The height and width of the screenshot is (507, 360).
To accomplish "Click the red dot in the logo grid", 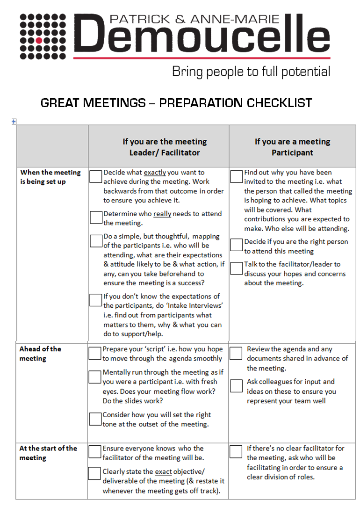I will click(39, 40).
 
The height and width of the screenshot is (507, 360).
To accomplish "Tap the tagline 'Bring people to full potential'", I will click(251, 72).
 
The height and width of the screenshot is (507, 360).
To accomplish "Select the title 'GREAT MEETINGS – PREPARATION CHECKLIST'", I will click(176, 102).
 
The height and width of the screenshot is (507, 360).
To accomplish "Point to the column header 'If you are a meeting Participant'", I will click(292, 147).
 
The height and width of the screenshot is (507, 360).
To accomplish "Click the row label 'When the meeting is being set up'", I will click(50, 177).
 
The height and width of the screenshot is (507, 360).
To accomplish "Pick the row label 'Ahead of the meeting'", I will click(40, 354).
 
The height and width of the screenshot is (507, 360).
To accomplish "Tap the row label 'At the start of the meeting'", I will click(48, 453).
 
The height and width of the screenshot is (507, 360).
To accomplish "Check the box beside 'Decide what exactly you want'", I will click(96, 176).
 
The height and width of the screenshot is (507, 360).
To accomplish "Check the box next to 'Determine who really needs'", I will click(96, 217).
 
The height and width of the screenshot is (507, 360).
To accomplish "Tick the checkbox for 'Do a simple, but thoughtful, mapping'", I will click(96, 240).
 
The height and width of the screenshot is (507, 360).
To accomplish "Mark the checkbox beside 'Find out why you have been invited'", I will click(237, 176).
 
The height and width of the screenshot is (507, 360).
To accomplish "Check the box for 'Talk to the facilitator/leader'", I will click(237, 268).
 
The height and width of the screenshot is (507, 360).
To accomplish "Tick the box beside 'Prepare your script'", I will click(95, 353).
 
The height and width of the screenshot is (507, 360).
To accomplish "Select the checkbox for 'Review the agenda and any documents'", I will click(237, 353).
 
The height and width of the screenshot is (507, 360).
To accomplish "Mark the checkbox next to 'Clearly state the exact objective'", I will click(95, 473).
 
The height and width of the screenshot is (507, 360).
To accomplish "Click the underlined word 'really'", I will click(162, 214).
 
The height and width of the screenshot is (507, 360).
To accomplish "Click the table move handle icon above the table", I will click(14, 121).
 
